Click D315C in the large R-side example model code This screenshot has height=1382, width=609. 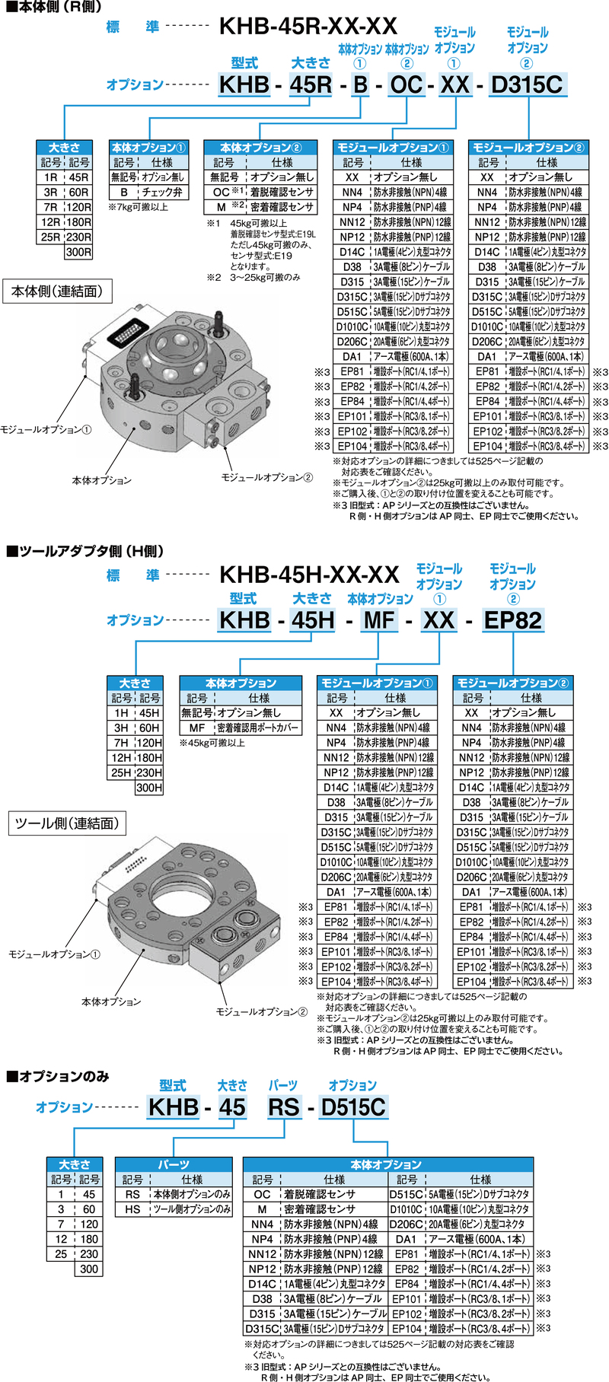[527, 84]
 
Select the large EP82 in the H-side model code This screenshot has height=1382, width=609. [513, 620]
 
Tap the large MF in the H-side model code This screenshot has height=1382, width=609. [378, 620]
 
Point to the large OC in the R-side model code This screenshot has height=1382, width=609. [406, 84]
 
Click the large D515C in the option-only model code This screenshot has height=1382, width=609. [353, 1107]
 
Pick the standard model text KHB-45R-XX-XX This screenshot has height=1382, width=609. [308, 27]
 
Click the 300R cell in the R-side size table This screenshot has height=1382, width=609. [78, 252]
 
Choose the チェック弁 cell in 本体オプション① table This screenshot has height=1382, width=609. [162, 193]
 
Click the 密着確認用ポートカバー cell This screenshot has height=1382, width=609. [259, 728]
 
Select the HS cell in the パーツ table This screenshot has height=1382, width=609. [132, 1209]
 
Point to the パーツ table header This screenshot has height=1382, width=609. [174, 1165]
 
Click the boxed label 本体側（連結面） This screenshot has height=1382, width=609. [57, 291]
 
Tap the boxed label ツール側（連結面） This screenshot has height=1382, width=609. [67, 823]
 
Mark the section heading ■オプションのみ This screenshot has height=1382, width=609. [58, 1077]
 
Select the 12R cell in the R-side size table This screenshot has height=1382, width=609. [50, 222]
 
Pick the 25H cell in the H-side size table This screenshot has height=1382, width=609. [121, 773]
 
